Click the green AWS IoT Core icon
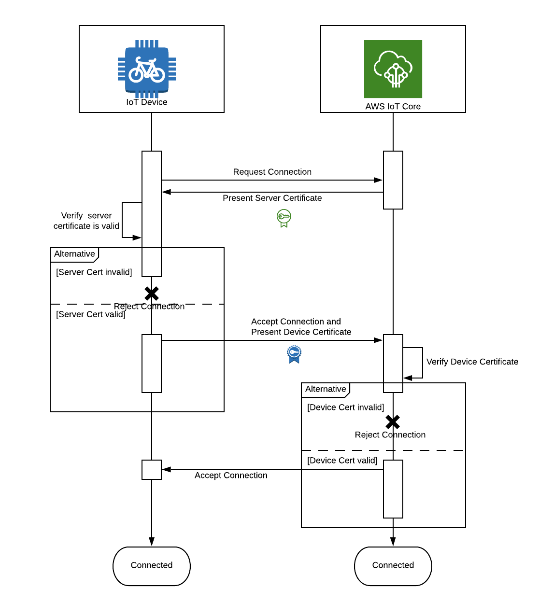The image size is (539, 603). pos(393,69)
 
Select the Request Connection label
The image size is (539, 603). pos(272,172)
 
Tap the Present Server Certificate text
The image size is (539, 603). pos(272,198)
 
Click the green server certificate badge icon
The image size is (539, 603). pos(284,218)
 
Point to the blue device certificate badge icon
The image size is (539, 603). pos(294,354)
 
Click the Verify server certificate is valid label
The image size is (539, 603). pos(86,221)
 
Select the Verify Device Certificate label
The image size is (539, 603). pos(472,362)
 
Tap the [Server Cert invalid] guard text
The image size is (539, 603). pos(94,272)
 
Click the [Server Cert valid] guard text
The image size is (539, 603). pos(91,314)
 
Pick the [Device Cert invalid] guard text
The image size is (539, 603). pos(346,407)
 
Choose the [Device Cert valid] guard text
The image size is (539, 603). pos(342,461)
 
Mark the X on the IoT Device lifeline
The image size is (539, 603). pos(152,293)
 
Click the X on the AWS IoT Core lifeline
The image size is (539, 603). pos(393,422)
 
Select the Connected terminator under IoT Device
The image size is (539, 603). pos(152,566)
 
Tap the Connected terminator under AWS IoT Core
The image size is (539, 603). pos(393,566)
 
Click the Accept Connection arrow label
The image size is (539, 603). pos(231,476)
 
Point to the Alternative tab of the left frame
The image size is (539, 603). pos(74,254)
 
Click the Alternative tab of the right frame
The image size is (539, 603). pos(326,389)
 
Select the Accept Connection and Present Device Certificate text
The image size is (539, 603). pos(301,327)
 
